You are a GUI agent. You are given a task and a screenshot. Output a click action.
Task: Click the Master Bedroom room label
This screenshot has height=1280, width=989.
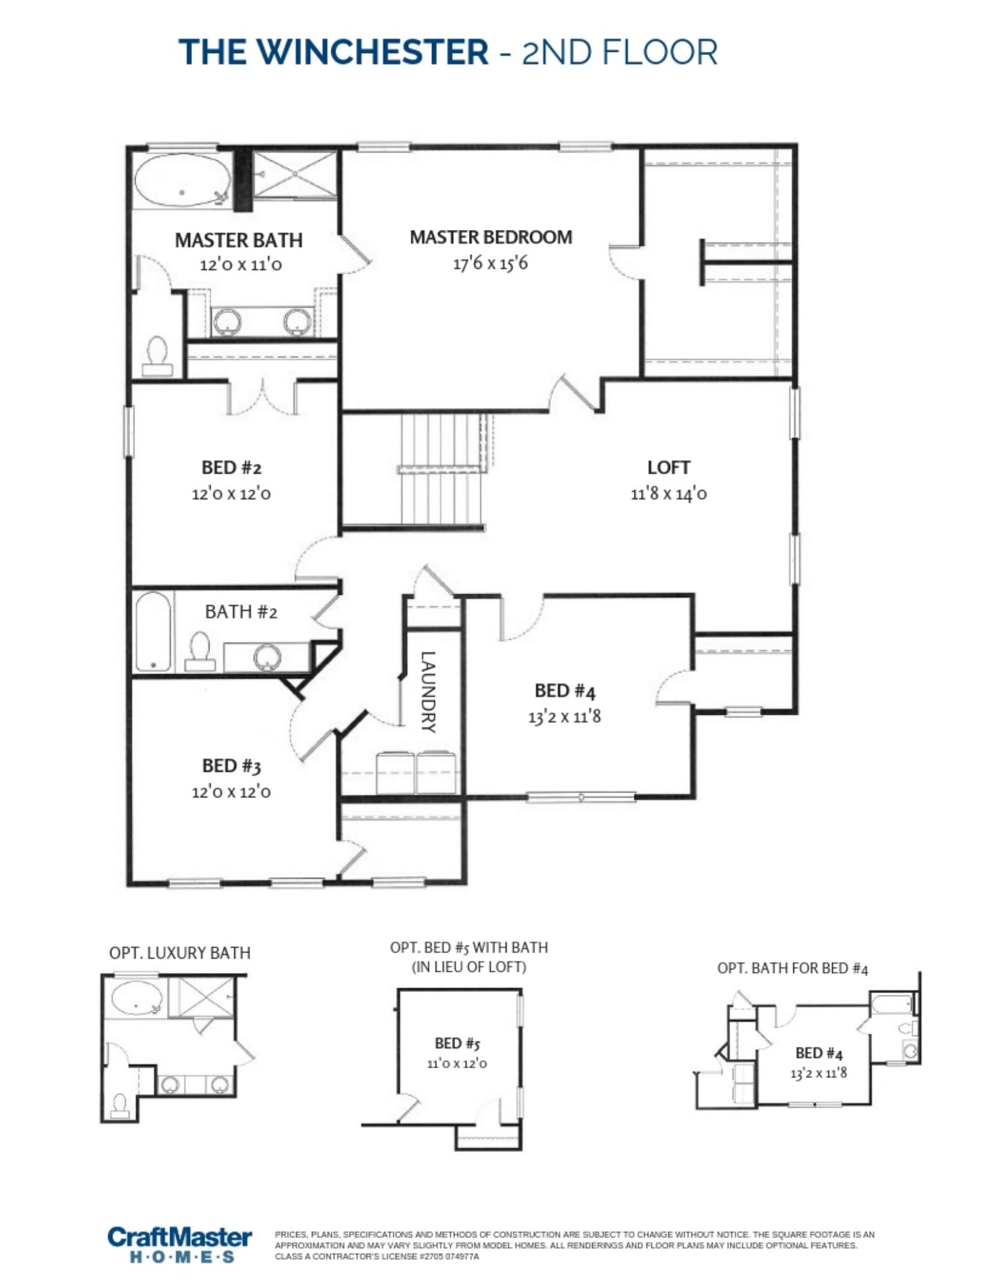click(x=491, y=237)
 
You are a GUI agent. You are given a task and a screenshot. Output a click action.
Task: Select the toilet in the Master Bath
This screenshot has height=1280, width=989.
click(x=157, y=357)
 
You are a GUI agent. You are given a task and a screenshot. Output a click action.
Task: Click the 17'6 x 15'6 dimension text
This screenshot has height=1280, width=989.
click(x=490, y=263)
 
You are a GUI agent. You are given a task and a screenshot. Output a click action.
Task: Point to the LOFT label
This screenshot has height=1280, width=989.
click(x=668, y=467)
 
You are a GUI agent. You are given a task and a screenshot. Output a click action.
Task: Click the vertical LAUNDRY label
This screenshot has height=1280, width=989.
click(x=429, y=692)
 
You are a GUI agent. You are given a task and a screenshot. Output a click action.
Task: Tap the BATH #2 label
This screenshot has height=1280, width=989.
click(x=241, y=612)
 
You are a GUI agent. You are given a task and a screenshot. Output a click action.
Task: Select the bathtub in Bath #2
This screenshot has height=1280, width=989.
click(x=153, y=631)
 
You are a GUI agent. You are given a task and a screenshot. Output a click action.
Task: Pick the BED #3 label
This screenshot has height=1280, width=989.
click(x=231, y=766)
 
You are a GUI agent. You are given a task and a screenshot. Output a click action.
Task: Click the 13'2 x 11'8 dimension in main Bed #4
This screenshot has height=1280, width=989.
click(x=565, y=716)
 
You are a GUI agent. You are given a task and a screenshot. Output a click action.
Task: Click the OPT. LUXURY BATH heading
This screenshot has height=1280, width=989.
click(x=180, y=953)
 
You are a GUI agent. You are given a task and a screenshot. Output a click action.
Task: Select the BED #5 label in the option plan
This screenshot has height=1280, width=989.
click(x=457, y=1043)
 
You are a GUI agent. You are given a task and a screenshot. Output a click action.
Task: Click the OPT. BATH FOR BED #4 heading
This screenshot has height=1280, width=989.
click(x=793, y=969)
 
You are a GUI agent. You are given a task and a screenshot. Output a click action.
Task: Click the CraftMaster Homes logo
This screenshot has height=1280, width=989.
click(x=180, y=1244)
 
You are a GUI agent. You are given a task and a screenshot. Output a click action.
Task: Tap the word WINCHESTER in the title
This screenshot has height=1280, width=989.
click(x=373, y=51)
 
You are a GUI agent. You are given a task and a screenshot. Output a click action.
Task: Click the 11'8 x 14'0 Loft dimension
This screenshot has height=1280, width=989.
click(x=668, y=494)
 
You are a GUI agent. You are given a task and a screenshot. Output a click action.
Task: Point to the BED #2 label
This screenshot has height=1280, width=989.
click(x=231, y=467)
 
